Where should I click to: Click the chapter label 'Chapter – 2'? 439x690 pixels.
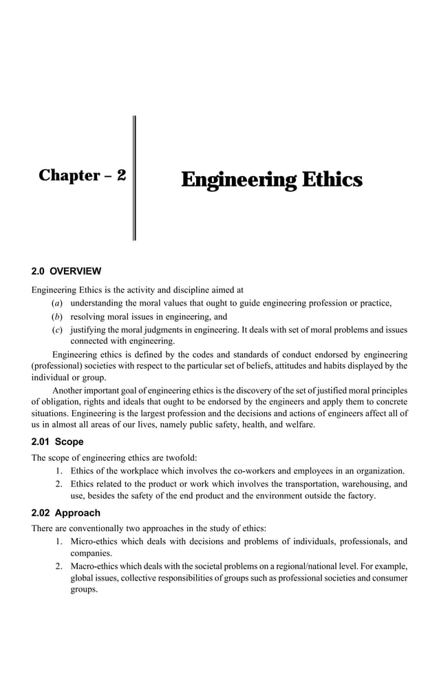click(x=82, y=175)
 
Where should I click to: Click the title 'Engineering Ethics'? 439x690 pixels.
click(x=271, y=180)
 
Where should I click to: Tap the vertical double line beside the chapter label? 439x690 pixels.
click(x=133, y=177)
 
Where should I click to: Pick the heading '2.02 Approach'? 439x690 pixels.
click(x=66, y=513)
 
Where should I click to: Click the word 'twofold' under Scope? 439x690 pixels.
click(x=180, y=457)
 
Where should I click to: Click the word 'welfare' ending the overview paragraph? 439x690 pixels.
click(x=299, y=425)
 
